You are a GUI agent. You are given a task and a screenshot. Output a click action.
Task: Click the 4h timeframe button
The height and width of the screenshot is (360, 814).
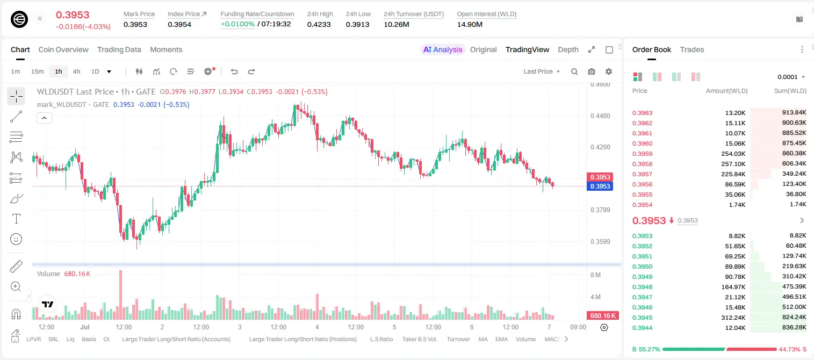[x=76, y=71]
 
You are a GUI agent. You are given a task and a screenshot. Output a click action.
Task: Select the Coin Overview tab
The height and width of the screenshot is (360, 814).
[x=63, y=49]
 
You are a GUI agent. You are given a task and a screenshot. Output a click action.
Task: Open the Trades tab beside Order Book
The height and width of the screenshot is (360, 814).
[x=691, y=49]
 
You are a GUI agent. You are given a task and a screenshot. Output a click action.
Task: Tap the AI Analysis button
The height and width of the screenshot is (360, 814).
[x=443, y=49]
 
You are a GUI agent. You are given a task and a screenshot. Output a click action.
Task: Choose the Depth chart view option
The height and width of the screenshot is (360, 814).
[x=568, y=49]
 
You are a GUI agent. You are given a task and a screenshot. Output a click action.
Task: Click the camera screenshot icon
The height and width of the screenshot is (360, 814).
[x=591, y=71]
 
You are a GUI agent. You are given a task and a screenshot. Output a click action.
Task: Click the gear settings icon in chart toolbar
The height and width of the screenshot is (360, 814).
[x=609, y=71]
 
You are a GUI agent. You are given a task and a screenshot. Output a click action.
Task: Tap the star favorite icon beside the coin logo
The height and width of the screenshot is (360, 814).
[x=40, y=18]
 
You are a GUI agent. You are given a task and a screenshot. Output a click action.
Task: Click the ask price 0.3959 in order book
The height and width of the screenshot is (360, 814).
[x=642, y=154]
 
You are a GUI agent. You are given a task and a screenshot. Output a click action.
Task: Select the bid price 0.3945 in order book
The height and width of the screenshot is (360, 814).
[x=642, y=318]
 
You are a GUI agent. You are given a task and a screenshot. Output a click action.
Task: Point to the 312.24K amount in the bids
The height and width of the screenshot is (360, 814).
[x=733, y=318]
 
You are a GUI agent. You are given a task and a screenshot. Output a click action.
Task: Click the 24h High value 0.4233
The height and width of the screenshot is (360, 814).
[x=319, y=24]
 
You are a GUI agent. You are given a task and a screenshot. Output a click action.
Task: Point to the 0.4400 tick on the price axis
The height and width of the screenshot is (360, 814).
[x=600, y=116]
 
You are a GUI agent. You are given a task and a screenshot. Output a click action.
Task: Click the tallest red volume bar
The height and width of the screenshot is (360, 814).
[x=121, y=294]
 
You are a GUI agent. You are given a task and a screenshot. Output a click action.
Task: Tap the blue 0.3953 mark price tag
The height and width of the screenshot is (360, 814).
[x=600, y=186]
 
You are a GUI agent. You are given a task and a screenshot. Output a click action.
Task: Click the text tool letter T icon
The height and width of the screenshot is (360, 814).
[x=16, y=219]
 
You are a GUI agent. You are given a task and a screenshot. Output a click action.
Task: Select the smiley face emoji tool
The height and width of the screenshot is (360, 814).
[x=16, y=239]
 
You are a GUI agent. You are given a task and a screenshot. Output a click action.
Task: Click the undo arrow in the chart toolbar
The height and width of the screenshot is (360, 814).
[x=234, y=71]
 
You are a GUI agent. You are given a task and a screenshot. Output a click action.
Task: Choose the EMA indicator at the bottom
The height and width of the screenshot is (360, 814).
[x=501, y=339]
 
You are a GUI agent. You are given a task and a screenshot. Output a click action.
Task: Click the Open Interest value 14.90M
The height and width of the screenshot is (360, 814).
[x=470, y=24]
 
